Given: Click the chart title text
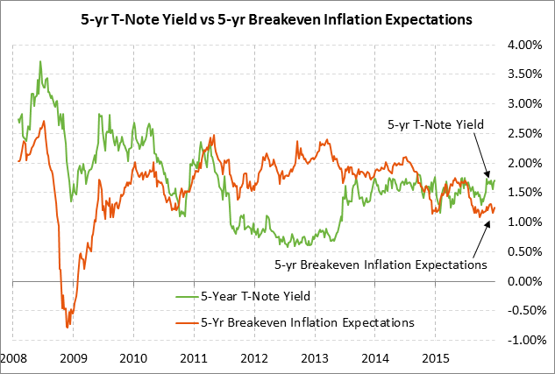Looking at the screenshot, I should click(277, 17).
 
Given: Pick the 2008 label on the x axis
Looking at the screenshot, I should click(13, 358).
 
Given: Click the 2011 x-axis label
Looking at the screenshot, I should click(193, 358).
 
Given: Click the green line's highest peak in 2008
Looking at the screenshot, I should click(40, 61).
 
